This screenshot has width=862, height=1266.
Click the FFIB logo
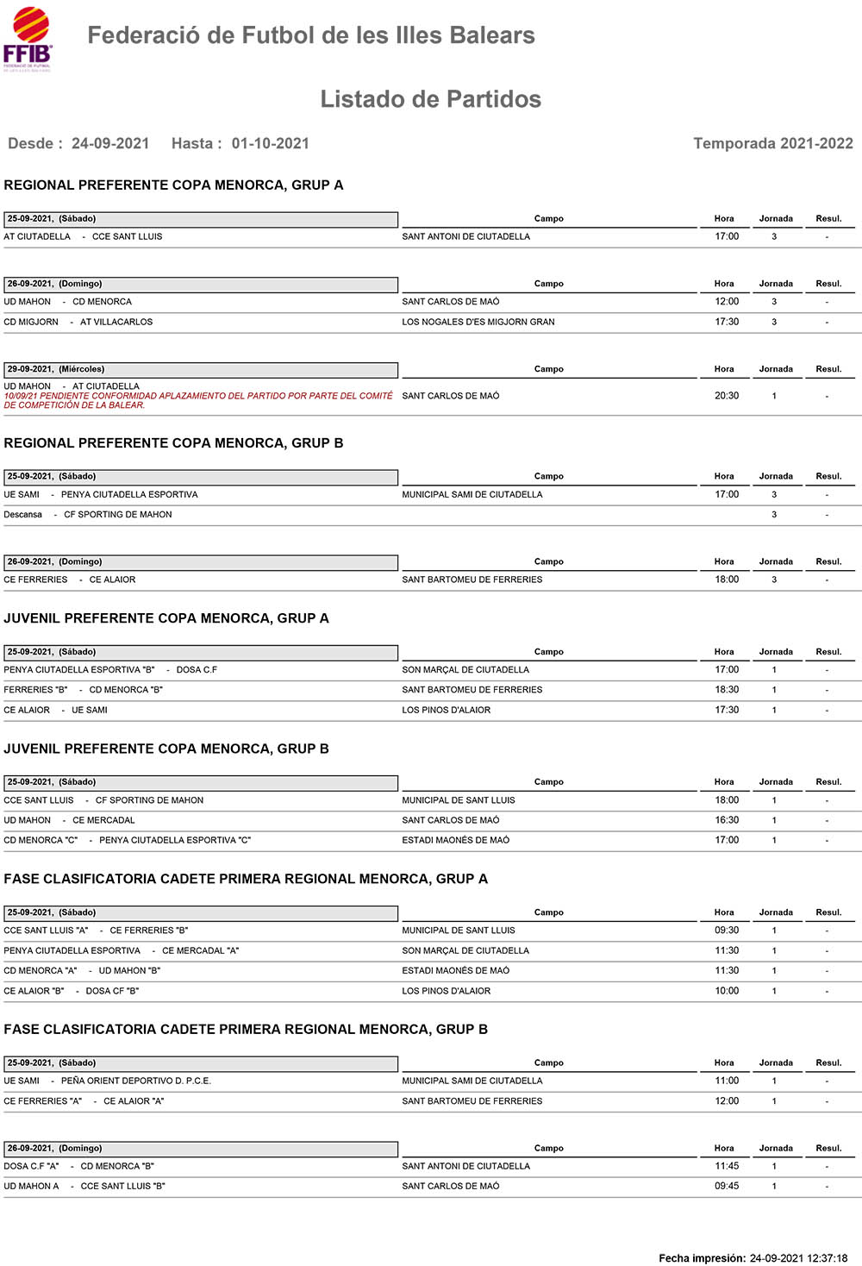[x=28, y=39]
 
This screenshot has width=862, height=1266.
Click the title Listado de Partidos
[x=430, y=99]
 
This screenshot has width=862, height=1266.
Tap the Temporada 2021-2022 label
[x=772, y=143]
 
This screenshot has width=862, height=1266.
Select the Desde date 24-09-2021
[x=110, y=143]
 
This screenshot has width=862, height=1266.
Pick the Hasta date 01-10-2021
[x=270, y=143]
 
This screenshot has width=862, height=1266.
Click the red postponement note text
[x=197, y=400]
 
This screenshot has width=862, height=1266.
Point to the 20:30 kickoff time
[x=726, y=396]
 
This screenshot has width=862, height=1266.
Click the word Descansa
[x=23, y=515]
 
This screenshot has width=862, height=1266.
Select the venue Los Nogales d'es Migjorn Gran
[x=478, y=322]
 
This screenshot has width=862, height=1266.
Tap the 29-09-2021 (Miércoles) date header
[x=56, y=369]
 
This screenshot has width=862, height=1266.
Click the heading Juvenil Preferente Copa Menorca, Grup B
[x=166, y=749]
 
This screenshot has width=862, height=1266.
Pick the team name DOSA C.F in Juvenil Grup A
[x=197, y=670]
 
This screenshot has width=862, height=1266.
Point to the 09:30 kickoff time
[x=726, y=931]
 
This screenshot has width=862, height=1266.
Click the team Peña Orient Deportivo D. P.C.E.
[x=135, y=1081]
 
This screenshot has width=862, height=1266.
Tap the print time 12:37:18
[x=826, y=1258]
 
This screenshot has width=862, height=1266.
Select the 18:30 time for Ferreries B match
[x=726, y=690]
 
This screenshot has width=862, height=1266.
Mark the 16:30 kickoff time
[x=726, y=820]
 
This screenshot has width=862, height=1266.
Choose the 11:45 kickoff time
[x=726, y=1166]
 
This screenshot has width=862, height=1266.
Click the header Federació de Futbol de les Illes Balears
[x=311, y=35]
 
